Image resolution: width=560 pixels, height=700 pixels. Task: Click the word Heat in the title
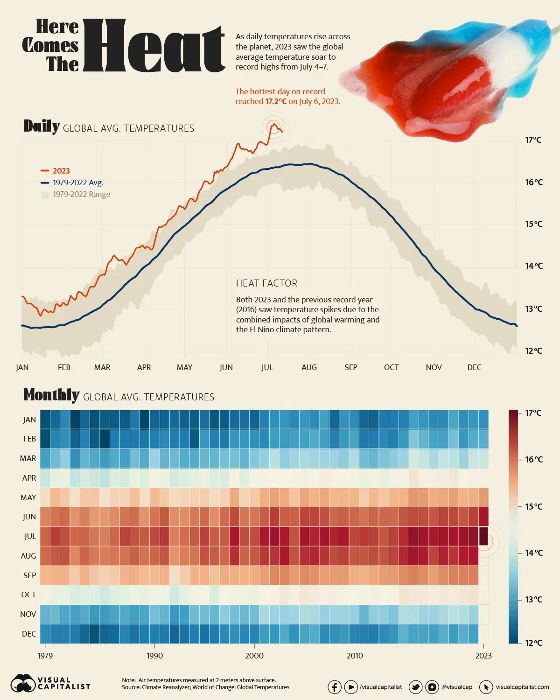pyautogui.click(x=154, y=47)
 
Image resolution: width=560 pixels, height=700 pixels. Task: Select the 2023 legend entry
pyautogui.click(x=61, y=171)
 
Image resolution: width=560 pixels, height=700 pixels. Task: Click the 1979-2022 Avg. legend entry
pyautogui.click(x=77, y=182)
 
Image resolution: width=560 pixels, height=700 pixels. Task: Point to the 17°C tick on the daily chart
pyautogui.click(x=533, y=140)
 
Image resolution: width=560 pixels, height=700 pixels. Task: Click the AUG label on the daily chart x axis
pyautogui.click(x=309, y=367)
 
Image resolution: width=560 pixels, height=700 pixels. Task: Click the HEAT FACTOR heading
pyautogui.click(x=266, y=283)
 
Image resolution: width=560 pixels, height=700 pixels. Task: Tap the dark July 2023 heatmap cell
pyautogui.click(x=483, y=536)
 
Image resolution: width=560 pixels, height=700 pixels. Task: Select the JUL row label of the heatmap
pyautogui.click(x=30, y=536)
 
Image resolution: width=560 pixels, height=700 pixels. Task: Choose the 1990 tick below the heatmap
pyautogui.click(x=154, y=656)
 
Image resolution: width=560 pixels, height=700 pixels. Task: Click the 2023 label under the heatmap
pyautogui.click(x=483, y=656)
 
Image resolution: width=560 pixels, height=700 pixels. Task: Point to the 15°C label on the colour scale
pyautogui.click(x=533, y=506)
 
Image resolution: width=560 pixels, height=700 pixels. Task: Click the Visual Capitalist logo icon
pyautogui.click(x=23, y=684)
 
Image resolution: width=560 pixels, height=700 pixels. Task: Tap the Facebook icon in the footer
pyautogui.click(x=334, y=687)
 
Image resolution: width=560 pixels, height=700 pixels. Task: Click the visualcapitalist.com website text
pyautogui.click(x=522, y=687)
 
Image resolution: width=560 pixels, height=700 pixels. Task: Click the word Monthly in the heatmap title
pyautogui.click(x=51, y=395)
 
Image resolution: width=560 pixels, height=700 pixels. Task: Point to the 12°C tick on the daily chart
pyautogui.click(x=533, y=351)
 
